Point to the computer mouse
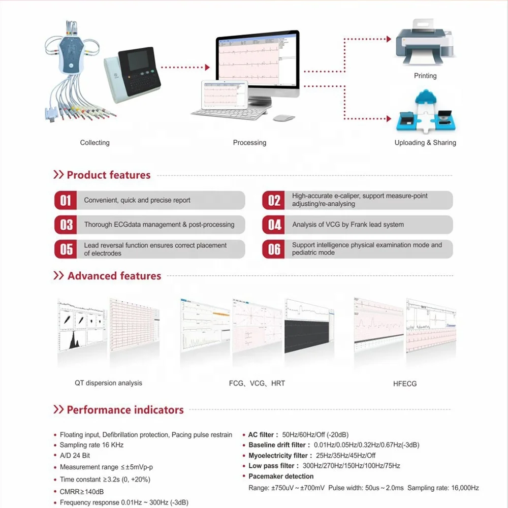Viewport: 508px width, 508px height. tap(284, 117)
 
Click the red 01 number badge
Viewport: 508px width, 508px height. tap(66, 200)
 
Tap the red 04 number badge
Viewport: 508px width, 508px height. tap(274, 225)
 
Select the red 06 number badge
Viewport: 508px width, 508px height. tap(274, 249)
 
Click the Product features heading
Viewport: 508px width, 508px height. tap(109, 175)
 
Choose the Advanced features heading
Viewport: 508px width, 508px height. tap(114, 276)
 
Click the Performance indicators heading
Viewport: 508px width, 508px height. tap(125, 410)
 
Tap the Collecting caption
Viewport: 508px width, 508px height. tap(95, 143)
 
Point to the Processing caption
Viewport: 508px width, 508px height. tap(249, 143)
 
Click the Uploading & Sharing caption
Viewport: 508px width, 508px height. tap(425, 143)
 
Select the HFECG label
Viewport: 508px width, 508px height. tap(405, 384)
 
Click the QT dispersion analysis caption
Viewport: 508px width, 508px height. tap(108, 383)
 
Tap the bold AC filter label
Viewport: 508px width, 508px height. tap(263, 435)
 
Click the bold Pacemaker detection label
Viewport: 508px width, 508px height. tap(281, 477)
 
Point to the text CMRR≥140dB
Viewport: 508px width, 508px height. tap(82, 491)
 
